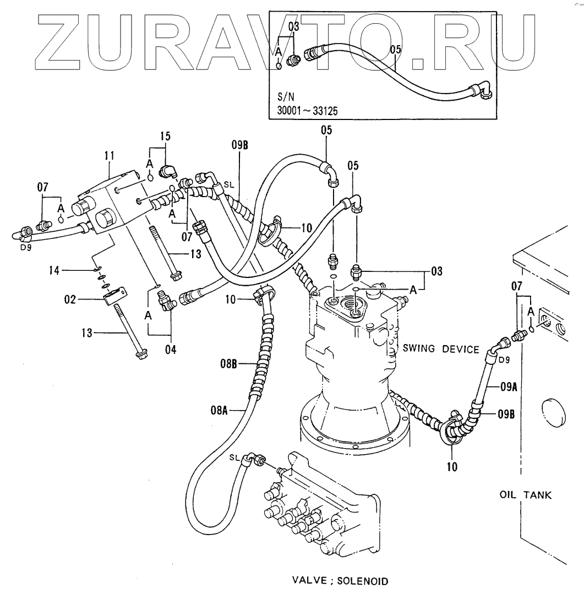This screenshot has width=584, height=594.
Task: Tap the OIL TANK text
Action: coord(525,495)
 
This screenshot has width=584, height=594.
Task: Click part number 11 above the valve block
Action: coord(108,156)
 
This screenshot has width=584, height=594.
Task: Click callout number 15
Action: coord(166,135)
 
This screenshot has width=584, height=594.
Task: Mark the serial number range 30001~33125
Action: coord(308,111)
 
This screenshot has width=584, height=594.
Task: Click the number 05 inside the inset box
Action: coord(395,50)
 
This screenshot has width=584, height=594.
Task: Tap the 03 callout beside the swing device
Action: coord(436,271)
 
